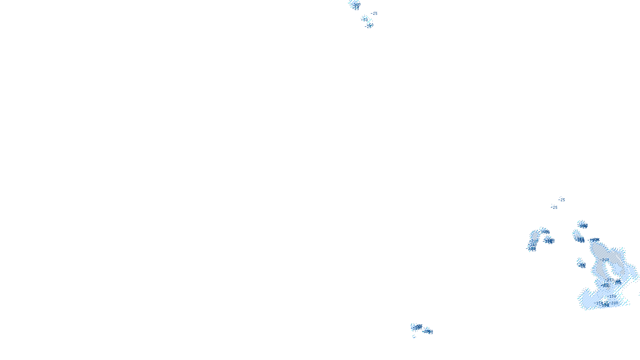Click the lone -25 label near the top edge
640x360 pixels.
click(374, 14)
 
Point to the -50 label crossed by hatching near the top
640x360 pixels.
click(365, 19)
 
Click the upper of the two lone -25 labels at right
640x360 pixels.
click(562, 200)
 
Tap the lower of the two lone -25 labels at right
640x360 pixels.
click(554, 207)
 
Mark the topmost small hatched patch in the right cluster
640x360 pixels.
click(582, 224)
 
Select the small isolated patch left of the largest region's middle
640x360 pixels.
click(581, 264)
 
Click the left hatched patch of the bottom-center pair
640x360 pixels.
click(416, 327)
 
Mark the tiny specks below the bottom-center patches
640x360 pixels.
click(414, 337)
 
